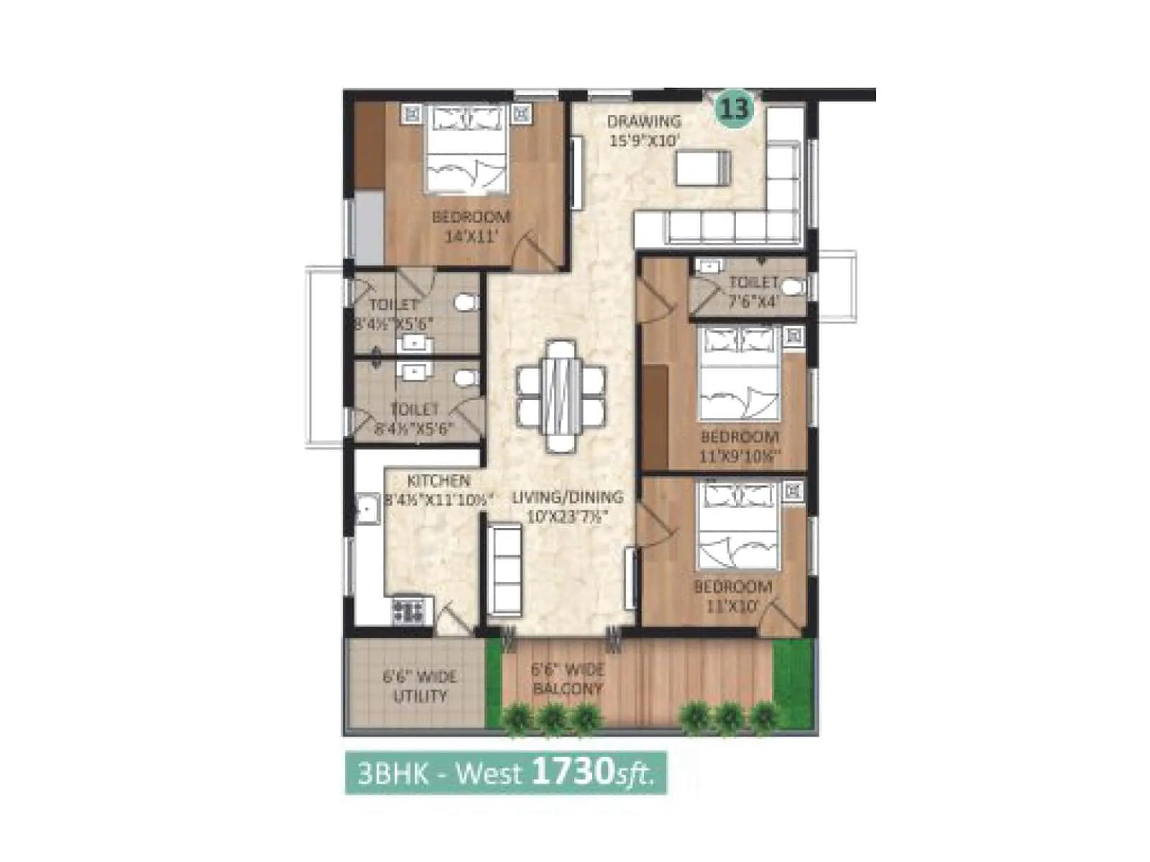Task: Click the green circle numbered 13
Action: pyautogui.click(x=735, y=109)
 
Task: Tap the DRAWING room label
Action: pyautogui.click(x=644, y=121)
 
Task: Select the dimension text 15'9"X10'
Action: pyautogui.click(x=644, y=141)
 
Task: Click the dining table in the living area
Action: pyautogui.click(x=561, y=395)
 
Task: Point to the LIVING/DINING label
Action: pyautogui.click(x=567, y=496)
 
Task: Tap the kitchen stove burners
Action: pyautogui.click(x=408, y=610)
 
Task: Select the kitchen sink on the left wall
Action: pyautogui.click(x=367, y=509)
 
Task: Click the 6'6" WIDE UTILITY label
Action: pyautogui.click(x=420, y=686)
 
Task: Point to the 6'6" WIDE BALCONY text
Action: pyautogui.click(x=568, y=679)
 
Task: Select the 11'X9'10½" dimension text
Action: pyautogui.click(x=740, y=455)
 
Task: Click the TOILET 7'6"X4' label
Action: pyautogui.click(x=753, y=291)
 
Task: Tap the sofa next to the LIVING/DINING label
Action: pyautogui.click(x=505, y=570)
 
